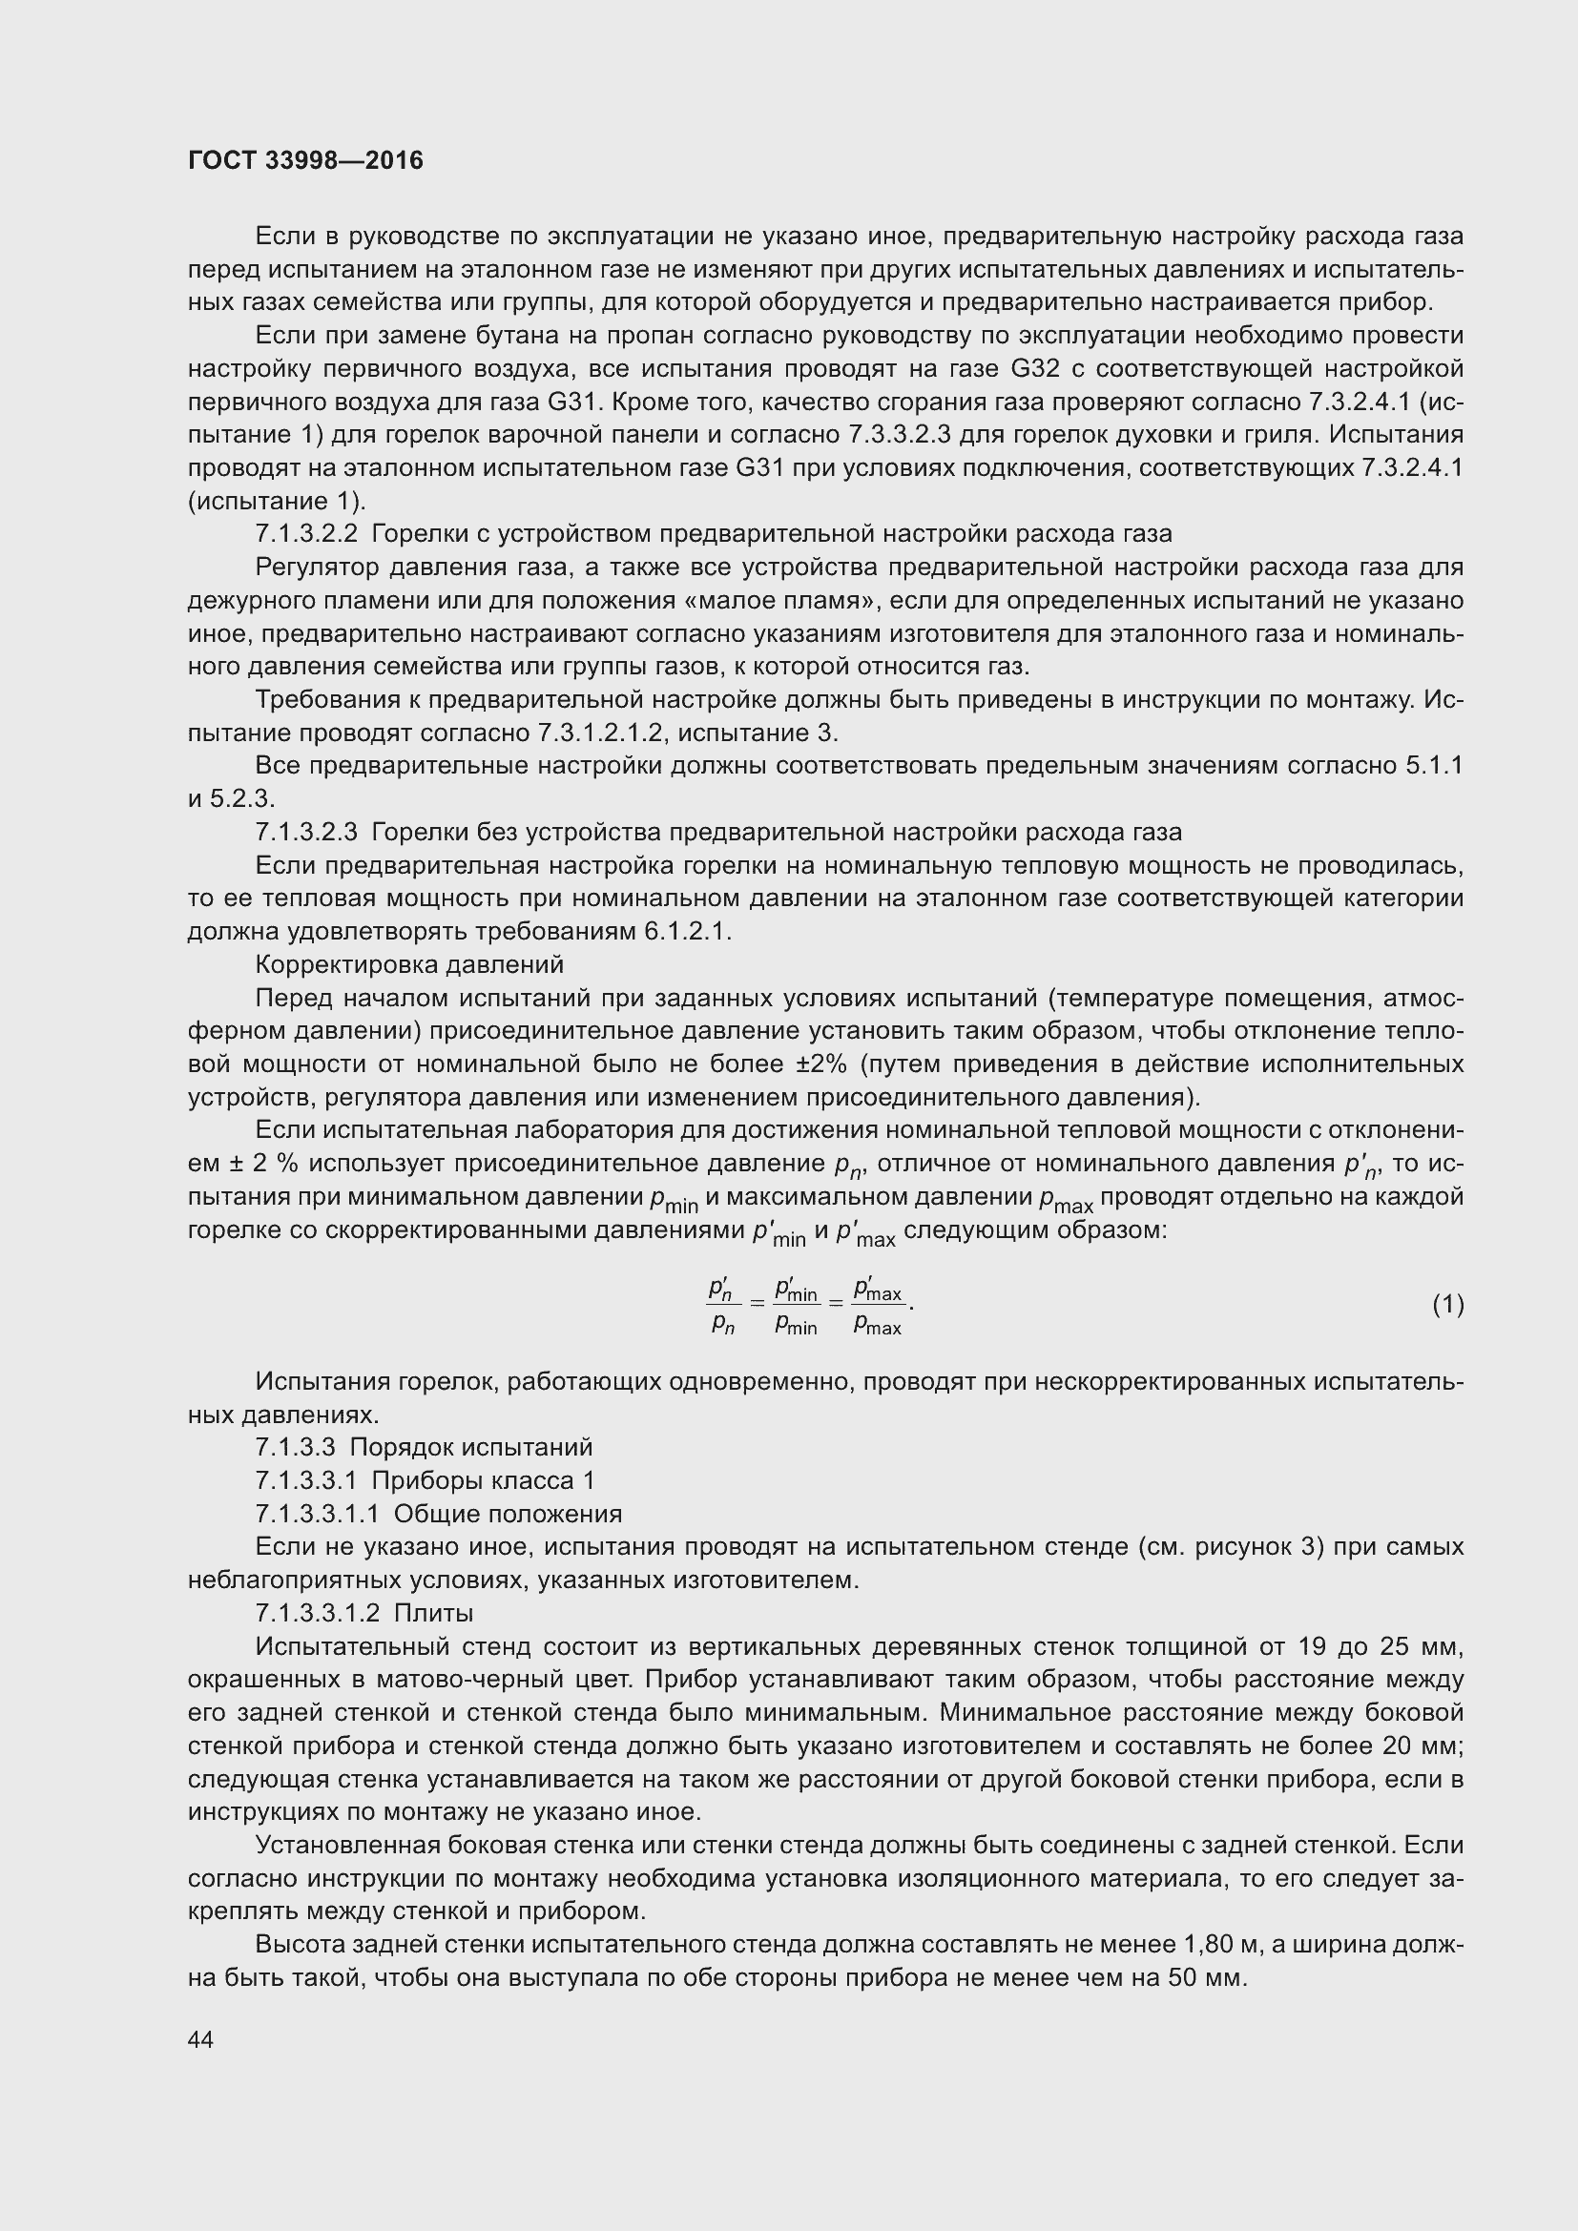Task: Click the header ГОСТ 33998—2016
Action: [x=305, y=160]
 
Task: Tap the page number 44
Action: [x=200, y=2039]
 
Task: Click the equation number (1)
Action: [x=1447, y=1304]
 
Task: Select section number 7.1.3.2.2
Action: [x=306, y=533]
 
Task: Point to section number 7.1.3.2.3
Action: [x=306, y=832]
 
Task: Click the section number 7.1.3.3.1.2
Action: [x=317, y=1613]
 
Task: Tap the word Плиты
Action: [x=433, y=1613]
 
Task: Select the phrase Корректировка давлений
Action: [x=409, y=964]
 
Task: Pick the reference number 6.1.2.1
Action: [x=686, y=931]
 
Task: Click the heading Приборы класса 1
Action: [x=483, y=1481]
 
